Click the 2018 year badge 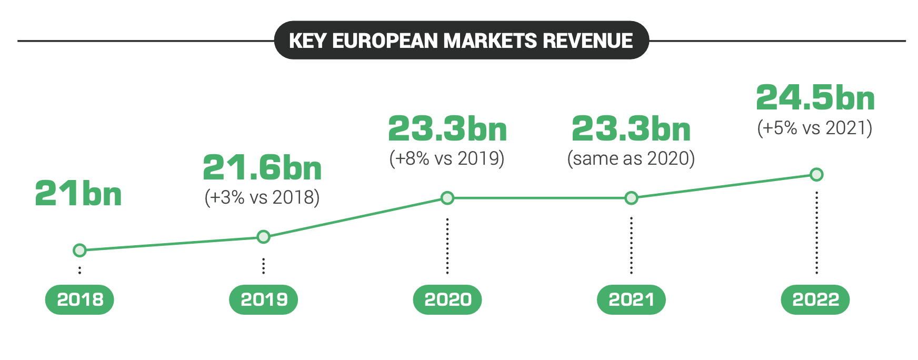[79, 299]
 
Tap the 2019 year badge [264, 299]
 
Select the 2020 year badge [447, 299]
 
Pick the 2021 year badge [631, 299]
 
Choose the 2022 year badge [815, 299]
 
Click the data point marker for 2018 [79, 250]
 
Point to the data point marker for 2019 [264, 237]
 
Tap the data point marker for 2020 [447, 198]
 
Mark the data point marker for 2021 [631, 198]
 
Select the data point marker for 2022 [816, 174]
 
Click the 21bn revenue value [78, 194]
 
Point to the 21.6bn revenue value [262, 168]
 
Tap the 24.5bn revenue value [815, 98]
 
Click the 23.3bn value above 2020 [447, 129]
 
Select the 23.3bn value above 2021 [631, 129]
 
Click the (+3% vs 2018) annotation [262, 197]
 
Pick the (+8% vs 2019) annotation [447, 158]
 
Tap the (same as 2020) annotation [631, 158]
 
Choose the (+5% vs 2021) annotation [815, 128]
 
